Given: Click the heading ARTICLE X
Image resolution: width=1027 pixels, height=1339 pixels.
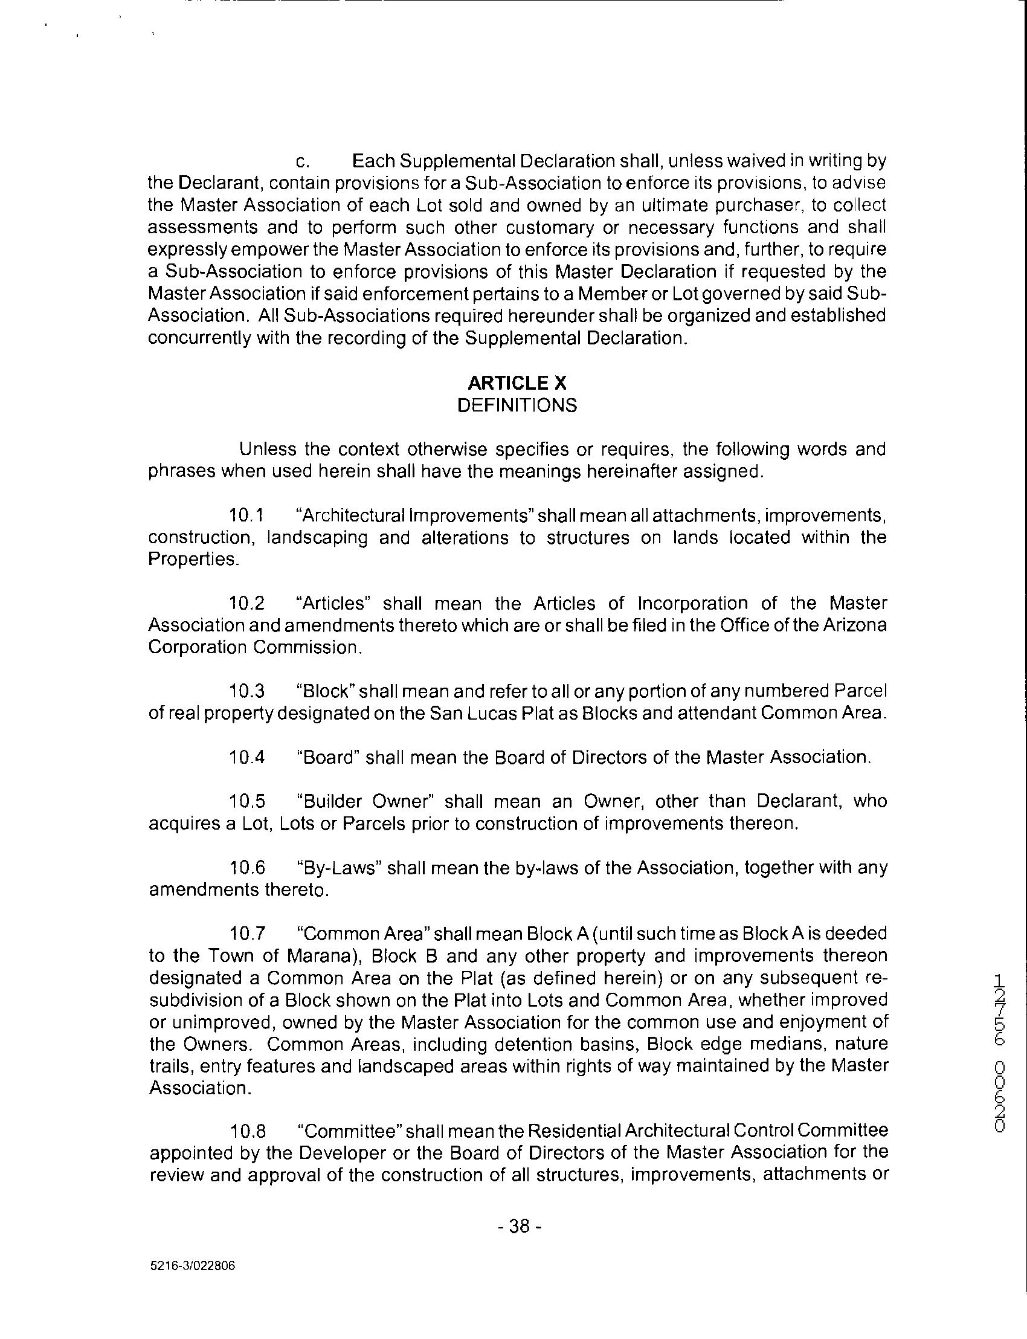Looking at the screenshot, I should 517,383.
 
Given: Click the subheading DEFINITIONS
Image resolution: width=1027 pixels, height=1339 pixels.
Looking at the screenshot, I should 517,406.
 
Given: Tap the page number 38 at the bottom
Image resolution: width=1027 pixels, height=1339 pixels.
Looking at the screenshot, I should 518,1225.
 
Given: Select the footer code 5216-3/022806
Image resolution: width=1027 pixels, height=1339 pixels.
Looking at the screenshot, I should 192,1266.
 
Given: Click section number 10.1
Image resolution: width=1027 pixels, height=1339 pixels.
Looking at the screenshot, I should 246,515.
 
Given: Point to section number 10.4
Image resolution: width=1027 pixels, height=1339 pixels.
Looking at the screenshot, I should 247,758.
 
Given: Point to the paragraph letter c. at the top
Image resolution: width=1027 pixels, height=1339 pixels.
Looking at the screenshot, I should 303,162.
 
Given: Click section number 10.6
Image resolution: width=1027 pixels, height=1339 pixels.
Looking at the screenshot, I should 247,868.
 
